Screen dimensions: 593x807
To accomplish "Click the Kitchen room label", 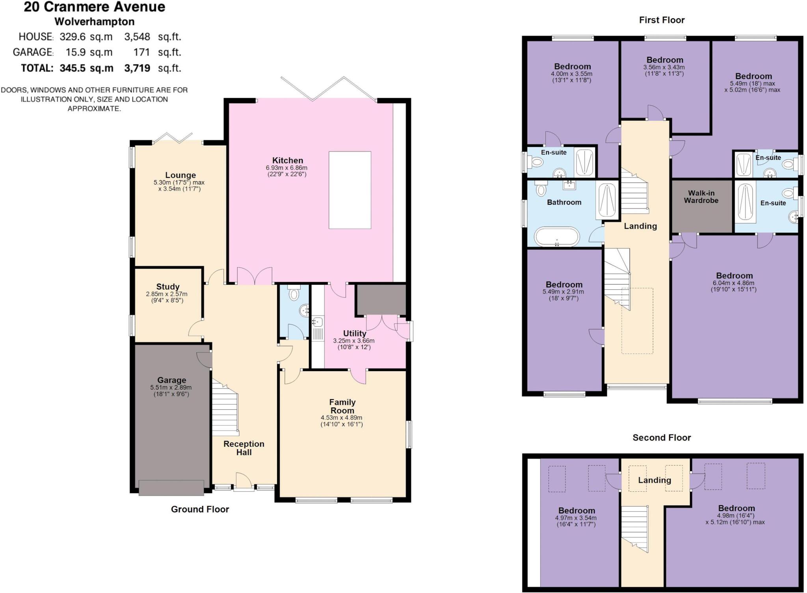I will coord(287,160).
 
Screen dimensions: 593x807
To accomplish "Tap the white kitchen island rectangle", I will coord(350,190).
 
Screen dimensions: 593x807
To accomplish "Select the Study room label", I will coord(167,286).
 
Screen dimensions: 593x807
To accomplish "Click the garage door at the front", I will coord(171,487).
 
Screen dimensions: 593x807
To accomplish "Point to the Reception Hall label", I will coord(244,448).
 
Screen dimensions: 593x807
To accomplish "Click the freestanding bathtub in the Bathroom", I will coord(557,237).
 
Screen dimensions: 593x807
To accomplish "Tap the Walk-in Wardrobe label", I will coord(701,197).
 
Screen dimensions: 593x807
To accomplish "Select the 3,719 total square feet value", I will coord(137,68).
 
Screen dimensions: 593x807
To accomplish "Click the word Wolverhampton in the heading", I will coord(95,22).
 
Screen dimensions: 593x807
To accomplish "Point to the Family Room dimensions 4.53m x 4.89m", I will coord(341,418).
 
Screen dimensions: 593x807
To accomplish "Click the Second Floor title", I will coord(662,437).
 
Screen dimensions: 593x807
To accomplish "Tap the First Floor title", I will coord(662,20).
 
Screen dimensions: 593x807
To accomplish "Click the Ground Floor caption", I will coord(200,509).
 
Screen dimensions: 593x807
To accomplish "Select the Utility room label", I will coord(354,333).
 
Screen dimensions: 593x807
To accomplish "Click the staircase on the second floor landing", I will coord(634,528).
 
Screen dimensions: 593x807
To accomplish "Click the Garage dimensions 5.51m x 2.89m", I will coord(171,387).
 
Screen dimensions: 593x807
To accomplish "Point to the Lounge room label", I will coord(180,175).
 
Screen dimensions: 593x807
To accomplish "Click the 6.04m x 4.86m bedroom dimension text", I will coord(733,283).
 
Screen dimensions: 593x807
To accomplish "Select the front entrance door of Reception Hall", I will coord(244,483).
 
